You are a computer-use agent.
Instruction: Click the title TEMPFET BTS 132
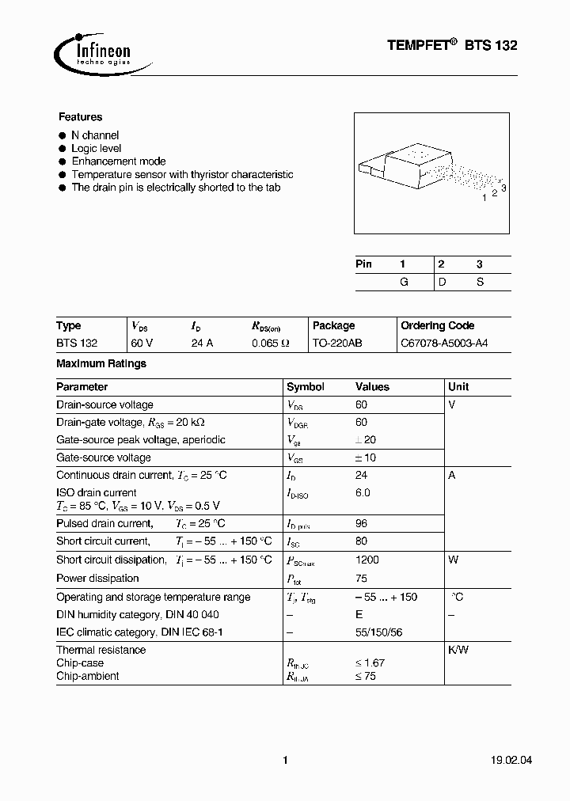452,47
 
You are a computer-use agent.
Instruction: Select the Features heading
80,116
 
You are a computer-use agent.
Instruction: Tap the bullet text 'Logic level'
96,148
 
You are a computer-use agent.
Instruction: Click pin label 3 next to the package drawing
503,187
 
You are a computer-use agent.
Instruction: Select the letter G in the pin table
404,282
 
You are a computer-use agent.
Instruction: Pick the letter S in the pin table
480,282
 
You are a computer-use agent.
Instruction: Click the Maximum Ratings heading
101,363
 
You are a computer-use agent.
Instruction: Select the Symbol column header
305,387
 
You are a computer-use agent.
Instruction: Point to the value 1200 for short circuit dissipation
367,560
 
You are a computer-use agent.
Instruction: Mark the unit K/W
458,650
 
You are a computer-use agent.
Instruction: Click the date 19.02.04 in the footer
495,761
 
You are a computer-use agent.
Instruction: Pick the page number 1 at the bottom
284,761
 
